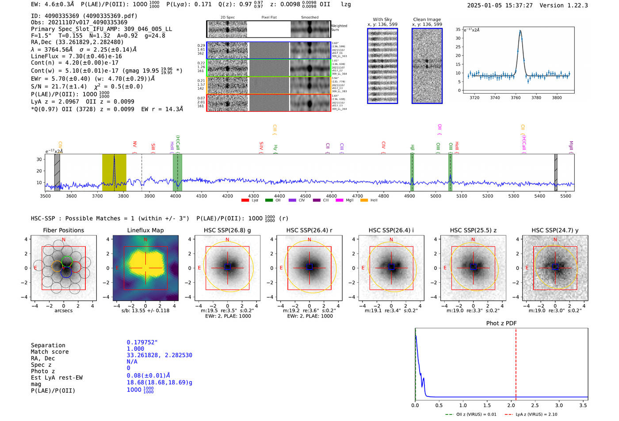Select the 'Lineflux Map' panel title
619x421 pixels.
point(145,230)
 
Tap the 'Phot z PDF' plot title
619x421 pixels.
point(501,323)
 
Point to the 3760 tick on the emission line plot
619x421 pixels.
point(516,98)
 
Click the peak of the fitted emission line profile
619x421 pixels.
point(520,31)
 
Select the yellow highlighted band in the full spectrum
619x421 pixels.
point(114,172)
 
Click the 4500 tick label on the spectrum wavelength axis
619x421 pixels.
point(306,196)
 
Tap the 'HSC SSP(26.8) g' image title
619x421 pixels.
point(227,230)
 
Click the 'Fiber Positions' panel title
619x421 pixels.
point(63,230)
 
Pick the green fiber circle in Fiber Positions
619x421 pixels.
point(67,261)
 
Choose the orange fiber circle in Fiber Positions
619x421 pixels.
point(57,266)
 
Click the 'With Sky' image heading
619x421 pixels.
point(382,19)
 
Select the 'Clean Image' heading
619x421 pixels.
point(427,19)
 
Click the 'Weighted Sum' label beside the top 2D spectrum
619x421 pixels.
point(339,28)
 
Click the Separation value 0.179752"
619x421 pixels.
point(142,342)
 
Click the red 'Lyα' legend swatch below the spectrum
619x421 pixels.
point(245,200)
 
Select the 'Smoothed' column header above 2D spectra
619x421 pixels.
point(309,18)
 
